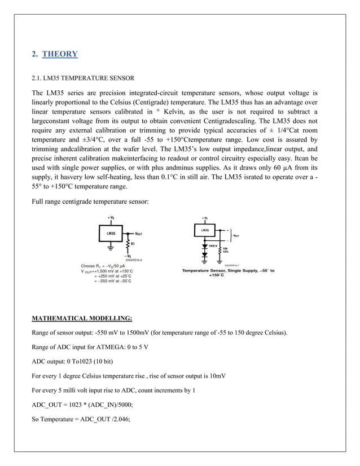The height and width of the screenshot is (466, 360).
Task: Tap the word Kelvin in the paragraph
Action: [x=177, y=113]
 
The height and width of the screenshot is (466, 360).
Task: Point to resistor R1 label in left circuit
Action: [x=134, y=244]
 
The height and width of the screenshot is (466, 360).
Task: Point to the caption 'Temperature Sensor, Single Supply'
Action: [x=227, y=271]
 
